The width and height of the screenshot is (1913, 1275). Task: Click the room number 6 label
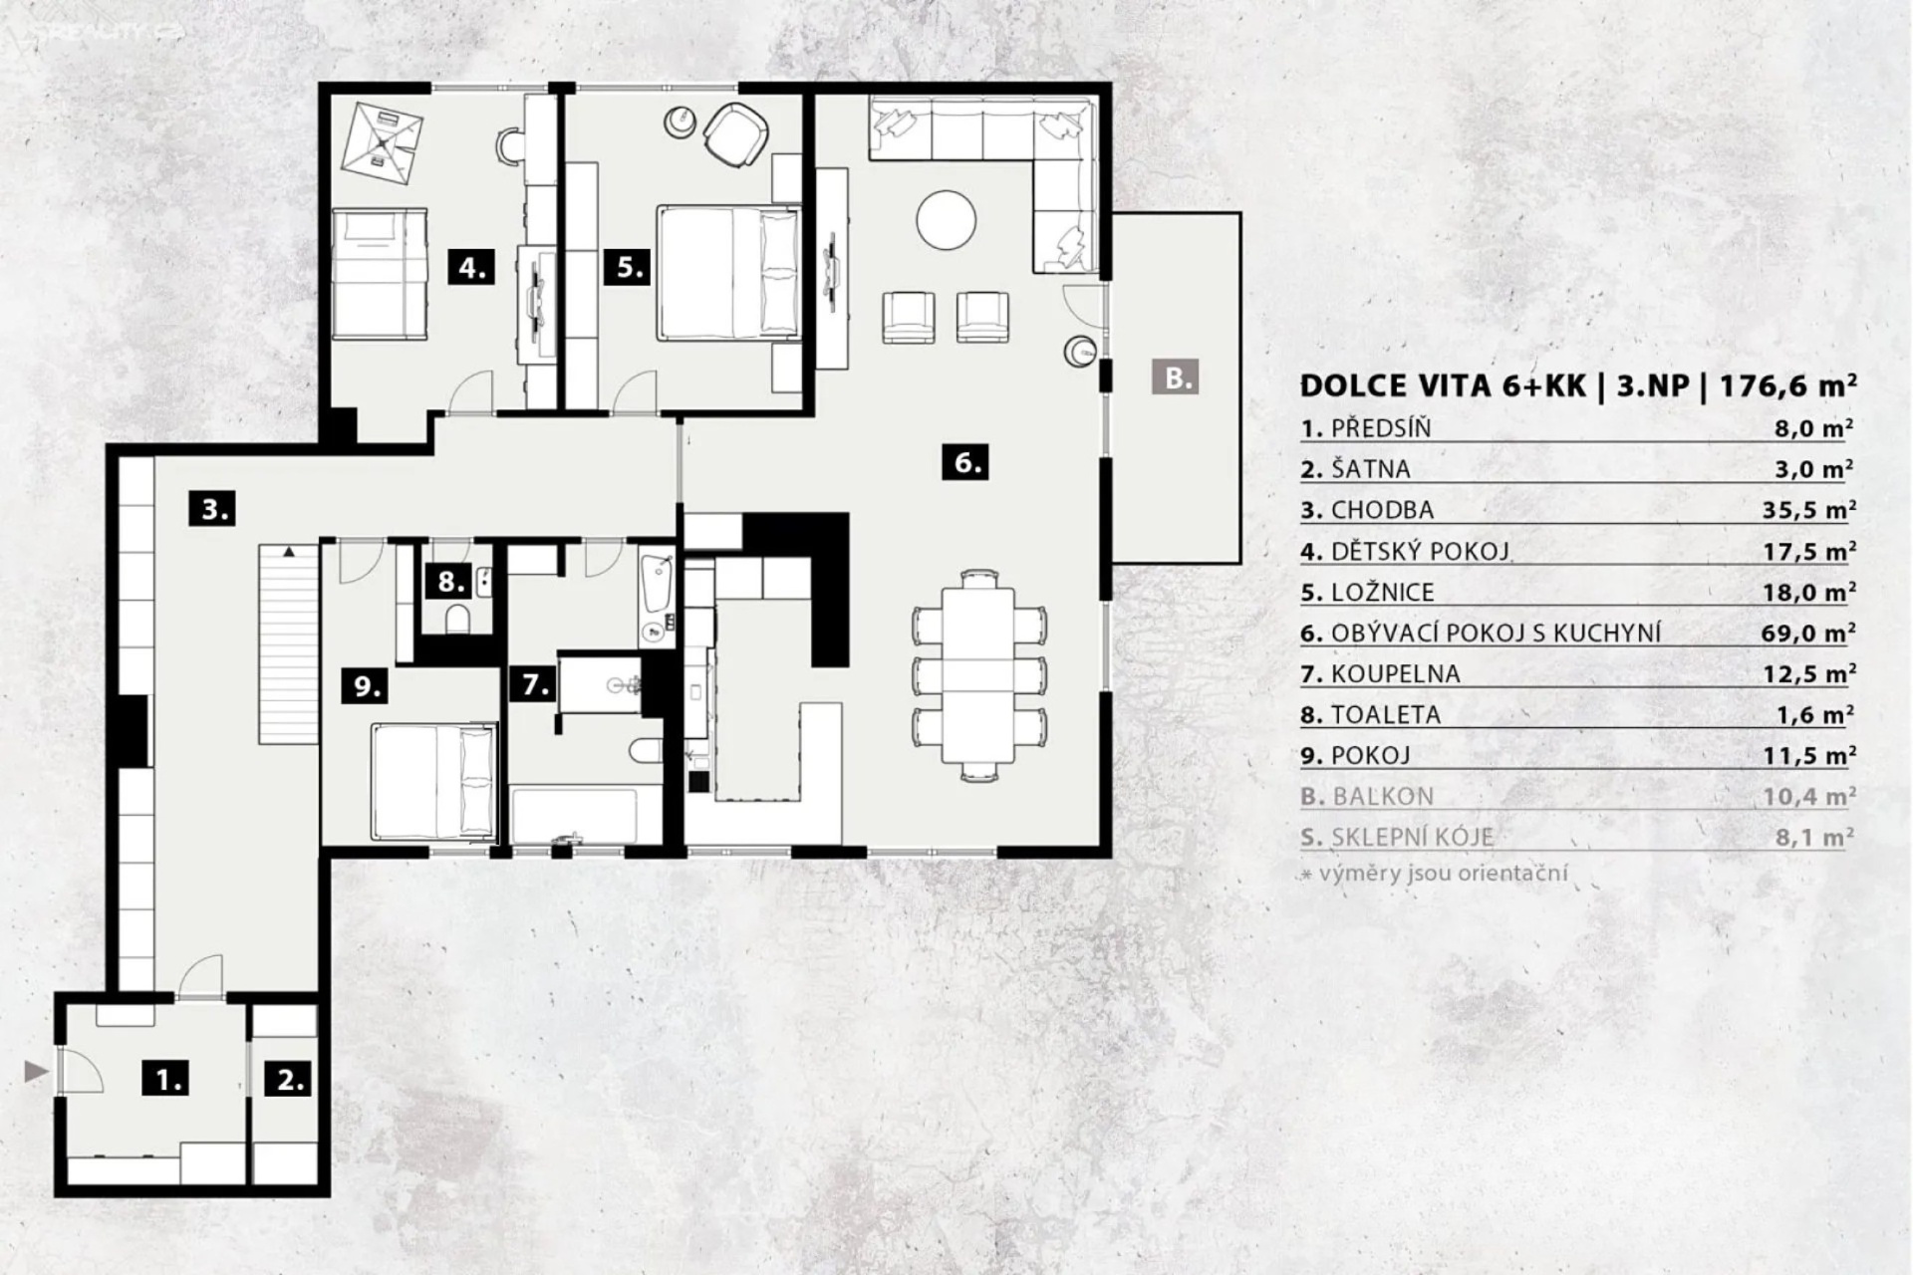pyautogui.click(x=964, y=462)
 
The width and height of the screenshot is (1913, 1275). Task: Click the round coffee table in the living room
pyautogui.click(x=947, y=221)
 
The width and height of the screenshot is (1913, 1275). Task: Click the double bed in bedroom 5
pyautogui.click(x=729, y=272)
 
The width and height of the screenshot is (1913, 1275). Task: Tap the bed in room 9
pyautogui.click(x=434, y=782)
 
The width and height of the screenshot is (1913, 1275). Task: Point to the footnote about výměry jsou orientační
pyautogui.click(x=1435, y=875)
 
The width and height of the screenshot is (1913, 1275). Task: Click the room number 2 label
pyautogui.click(x=291, y=1079)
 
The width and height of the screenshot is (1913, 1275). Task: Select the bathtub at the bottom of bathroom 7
pyautogui.click(x=574, y=817)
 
